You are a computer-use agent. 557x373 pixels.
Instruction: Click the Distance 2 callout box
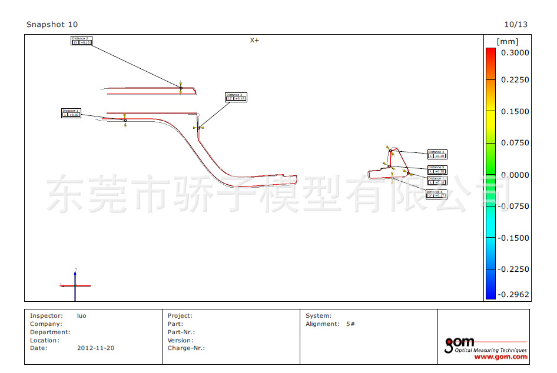[x=81, y=41]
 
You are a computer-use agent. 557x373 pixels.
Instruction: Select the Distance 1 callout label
[x=71, y=112]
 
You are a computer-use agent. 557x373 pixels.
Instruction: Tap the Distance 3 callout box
[x=236, y=96]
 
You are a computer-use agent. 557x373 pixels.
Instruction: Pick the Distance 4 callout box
[x=437, y=154]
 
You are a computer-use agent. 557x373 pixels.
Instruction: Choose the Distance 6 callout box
[x=436, y=194]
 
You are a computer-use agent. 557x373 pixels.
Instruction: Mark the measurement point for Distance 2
[x=181, y=88]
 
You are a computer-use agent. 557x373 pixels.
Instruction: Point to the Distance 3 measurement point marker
[x=199, y=127]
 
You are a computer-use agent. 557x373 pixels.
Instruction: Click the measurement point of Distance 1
[x=125, y=120]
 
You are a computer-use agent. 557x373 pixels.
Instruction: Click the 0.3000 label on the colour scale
[x=515, y=52]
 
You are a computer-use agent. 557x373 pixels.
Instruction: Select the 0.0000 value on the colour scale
[x=515, y=175]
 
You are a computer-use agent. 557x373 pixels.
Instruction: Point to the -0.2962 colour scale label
[x=513, y=294]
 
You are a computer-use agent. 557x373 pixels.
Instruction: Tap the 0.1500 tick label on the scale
[x=515, y=111]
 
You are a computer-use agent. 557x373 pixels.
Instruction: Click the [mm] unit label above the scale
[x=507, y=42]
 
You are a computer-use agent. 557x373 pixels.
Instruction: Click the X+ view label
[x=254, y=40]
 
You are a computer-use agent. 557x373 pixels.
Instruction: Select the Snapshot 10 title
[x=52, y=25]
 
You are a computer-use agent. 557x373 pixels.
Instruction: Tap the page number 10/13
[x=516, y=25]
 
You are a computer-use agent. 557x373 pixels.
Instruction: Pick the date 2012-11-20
[x=95, y=348]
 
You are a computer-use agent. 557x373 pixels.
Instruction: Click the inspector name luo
[x=82, y=316]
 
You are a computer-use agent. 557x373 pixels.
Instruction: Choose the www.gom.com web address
[x=500, y=357]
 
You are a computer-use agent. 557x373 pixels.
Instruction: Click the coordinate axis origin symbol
[x=75, y=285]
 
